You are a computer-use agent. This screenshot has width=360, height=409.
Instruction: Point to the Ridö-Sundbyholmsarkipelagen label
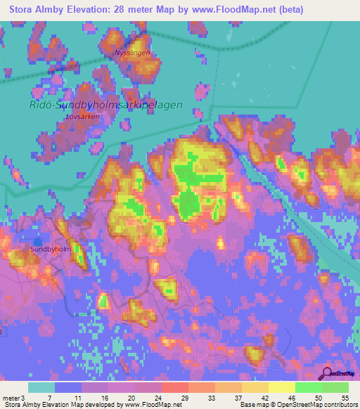point(105,105)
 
